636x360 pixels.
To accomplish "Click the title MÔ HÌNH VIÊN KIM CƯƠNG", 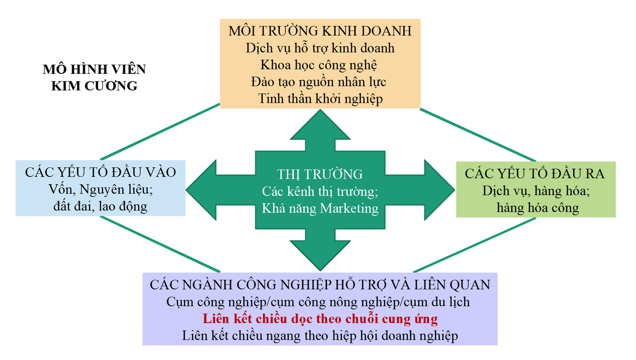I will click(x=94, y=77).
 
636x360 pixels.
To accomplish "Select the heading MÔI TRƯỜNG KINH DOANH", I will click(x=320, y=31).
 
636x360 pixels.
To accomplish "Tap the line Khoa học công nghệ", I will click(x=318, y=65).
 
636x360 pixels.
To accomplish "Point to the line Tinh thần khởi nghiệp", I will click(x=320, y=99).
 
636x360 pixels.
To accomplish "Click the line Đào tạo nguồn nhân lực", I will click(x=318, y=82).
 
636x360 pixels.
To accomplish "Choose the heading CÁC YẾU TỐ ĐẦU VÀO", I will click(x=100, y=172).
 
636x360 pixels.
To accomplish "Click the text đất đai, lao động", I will click(x=100, y=207).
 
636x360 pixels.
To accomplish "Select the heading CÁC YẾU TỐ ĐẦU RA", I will click(x=535, y=173).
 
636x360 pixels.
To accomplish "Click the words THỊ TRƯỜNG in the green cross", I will click(x=320, y=174).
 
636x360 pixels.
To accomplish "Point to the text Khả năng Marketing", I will click(x=320, y=208).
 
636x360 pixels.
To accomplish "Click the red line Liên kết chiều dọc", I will click(x=320, y=318).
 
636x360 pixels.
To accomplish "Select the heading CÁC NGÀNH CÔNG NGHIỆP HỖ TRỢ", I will click(x=320, y=285).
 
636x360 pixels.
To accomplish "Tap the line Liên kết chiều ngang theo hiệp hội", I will click(x=320, y=336).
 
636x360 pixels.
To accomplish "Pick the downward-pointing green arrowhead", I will click(x=320, y=254).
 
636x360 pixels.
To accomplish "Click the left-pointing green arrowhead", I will click(x=201, y=190).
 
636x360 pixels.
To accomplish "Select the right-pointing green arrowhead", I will click(x=439, y=190).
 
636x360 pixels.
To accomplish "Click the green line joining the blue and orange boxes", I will click(x=160, y=132).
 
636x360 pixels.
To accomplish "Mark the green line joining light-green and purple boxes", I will click(x=475, y=245).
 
